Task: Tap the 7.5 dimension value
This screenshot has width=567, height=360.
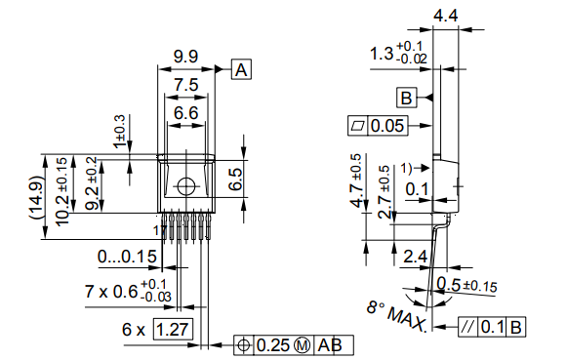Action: click(185, 87)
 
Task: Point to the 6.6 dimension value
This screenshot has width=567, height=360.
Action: click(185, 114)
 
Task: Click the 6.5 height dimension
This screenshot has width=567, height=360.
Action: click(234, 179)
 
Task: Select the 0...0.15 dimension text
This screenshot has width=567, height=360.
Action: click(127, 257)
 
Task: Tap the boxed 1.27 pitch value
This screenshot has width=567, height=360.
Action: click(174, 330)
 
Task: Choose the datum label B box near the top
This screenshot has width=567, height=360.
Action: click(407, 97)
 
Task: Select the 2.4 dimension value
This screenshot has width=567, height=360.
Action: click(414, 258)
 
